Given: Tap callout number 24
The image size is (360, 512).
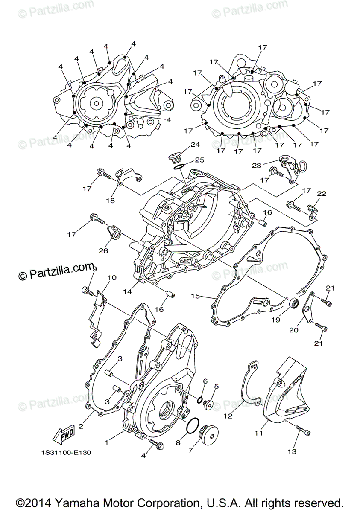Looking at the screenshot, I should (x=195, y=145).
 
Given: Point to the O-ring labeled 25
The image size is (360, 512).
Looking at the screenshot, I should (x=180, y=166).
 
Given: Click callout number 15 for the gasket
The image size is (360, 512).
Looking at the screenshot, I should (x=196, y=295).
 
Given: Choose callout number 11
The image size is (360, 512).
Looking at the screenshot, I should (x=258, y=433).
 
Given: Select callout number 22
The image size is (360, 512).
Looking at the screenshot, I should (x=322, y=194).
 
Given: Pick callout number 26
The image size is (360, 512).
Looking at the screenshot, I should (x=104, y=250).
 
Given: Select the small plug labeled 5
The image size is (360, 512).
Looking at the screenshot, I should (x=209, y=403).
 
